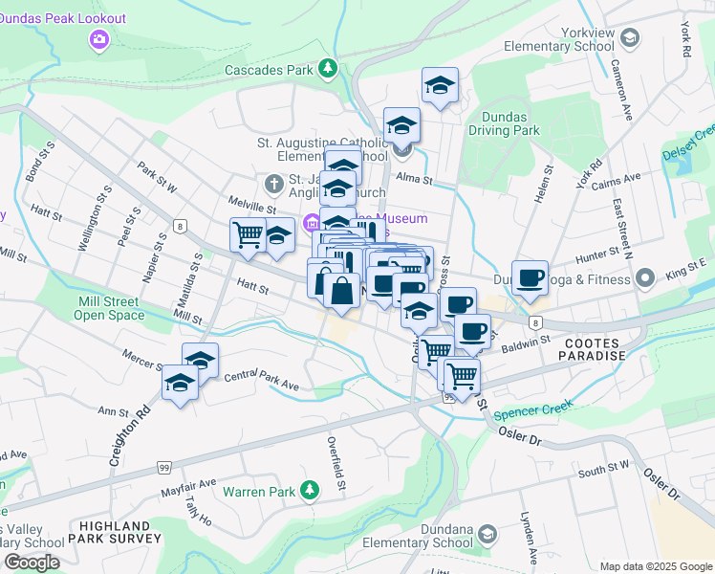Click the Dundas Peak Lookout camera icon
(97, 39)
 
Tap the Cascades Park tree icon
(328, 69)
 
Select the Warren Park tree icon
(308, 491)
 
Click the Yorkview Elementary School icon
(629, 37)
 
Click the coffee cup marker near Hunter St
(531, 277)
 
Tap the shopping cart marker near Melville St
(248, 233)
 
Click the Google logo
(32, 563)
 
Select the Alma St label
(415, 180)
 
